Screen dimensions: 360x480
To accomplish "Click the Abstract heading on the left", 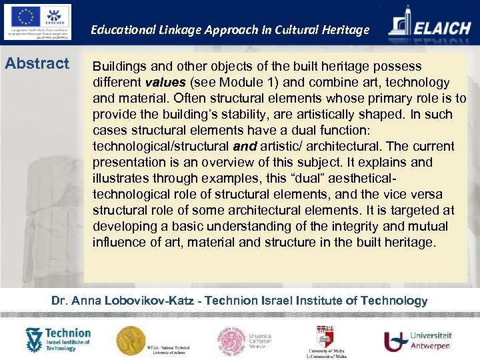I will tap(37, 64).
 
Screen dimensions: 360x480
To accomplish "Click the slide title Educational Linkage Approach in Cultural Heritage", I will tap(230, 29).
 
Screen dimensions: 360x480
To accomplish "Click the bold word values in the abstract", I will tap(165, 83).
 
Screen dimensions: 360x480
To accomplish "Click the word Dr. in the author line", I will tap(60, 301).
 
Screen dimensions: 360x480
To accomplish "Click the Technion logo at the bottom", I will tap(57, 339).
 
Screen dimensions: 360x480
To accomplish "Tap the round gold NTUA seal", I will tap(131, 339).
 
